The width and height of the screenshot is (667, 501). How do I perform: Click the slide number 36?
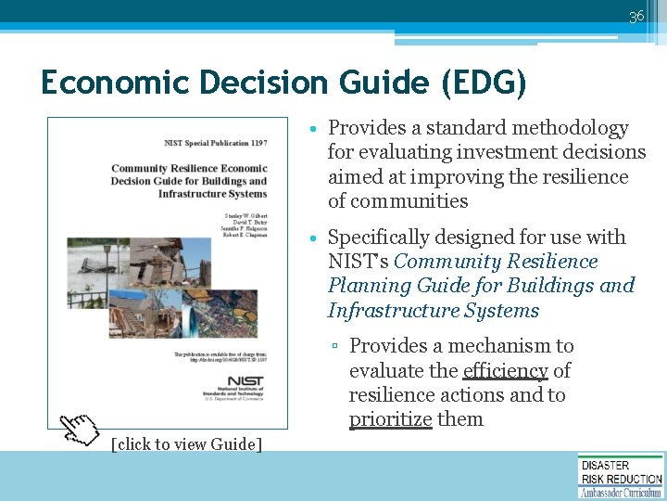pyautogui.click(x=636, y=17)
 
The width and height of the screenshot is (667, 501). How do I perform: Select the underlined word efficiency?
pyautogui.click(x=505, y=370)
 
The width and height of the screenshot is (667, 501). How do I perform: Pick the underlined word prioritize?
pyautogui.click(x=390, y=419)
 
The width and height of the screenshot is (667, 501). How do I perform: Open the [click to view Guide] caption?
pyautogui.click(x=186, y=444)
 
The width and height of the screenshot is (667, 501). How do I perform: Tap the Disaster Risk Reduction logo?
pyautogui.click(x=620, y=475)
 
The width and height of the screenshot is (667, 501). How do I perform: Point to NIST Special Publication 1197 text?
pyautogui.click(x=214, y=143)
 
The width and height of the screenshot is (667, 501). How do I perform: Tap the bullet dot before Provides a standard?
pyautogui.click(x=316, y=129)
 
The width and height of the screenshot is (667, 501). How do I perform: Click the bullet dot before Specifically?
pyautogui.click(x=316, y=238)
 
